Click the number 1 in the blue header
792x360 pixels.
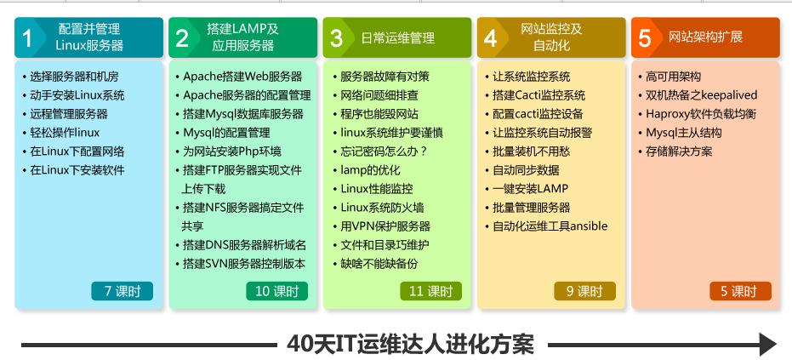[x=26, y=38]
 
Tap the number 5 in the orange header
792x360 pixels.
[x=644, y=38]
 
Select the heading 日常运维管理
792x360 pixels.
[x=397, y=38]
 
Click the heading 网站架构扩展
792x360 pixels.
[x=705, y=37]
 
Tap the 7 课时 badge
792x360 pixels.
[x=122, y=291]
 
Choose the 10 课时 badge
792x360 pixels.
[x=276, y=291]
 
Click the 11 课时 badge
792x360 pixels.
[x=430, y=291]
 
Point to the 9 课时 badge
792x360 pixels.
[x=585, y=291]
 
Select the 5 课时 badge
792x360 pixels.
[x=740, y=291]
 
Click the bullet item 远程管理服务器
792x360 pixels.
[x=69, y=114]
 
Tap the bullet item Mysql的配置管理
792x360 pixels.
[x=226, y=133]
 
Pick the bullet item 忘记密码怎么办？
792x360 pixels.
[x=385, y=151]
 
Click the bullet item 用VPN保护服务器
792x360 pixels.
[x=385, y=226]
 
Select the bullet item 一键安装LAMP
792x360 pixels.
[x=530, y=189]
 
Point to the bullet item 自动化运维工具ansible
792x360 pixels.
[x=550, y=226]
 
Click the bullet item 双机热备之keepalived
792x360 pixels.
[x=702, y=95]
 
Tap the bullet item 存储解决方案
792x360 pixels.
[x=679, y=151]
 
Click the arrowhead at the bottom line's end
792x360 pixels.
[x=767, y=345]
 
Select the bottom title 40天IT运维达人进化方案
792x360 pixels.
[x=410, y=345]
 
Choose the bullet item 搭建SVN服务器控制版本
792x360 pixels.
[x=244, y=264]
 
